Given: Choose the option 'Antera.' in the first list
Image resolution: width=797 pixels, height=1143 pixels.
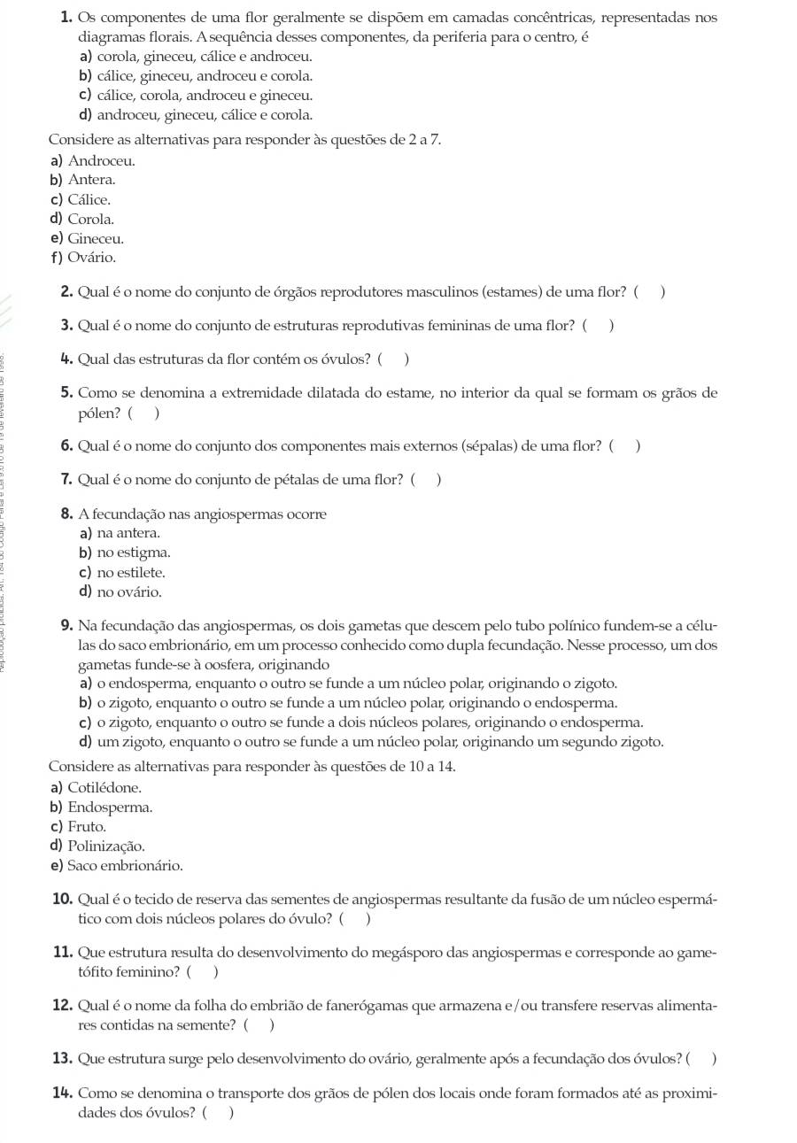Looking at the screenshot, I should coord(91,180).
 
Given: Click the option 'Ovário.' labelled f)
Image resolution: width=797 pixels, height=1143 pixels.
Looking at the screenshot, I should coord(91,258).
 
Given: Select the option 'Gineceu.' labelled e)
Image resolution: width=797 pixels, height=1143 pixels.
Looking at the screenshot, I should coord(96,238).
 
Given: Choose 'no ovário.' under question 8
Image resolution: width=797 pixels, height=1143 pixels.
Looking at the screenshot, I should coord(129,592).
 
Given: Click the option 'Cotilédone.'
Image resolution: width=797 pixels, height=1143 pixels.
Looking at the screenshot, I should coord(104,788).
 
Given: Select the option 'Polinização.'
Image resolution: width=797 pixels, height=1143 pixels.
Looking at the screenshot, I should coord(106,846).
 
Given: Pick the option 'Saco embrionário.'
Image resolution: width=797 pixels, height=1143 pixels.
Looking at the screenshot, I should coord(125,866).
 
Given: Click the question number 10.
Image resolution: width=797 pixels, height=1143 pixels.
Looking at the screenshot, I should coord(63,900).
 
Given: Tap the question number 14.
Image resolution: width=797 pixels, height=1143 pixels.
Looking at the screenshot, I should coord(63,1093).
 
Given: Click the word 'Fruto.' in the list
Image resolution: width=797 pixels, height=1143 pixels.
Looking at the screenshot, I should coord(87,827).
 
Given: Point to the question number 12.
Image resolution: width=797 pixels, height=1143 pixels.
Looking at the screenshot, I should coord(63,1006).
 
